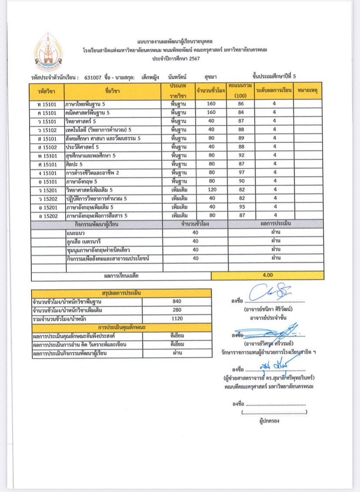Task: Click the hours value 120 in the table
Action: tap(211, 190)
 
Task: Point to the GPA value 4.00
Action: tap(268, 275)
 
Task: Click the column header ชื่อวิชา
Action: tap(112, 91)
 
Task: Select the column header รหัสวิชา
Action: tap(47, 91)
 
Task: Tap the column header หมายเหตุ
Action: tap(307, 91)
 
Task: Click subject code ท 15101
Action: tap(47, 104)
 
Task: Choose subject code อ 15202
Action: tap(47, 215)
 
